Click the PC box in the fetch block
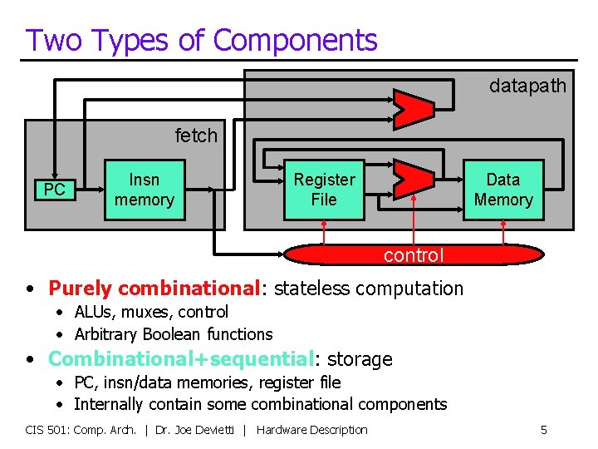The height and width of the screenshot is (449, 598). pos(54,190)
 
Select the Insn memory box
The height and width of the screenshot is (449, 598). pos(145,190)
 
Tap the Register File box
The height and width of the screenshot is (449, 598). pos(324,190)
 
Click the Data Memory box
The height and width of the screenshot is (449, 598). pos(502,190)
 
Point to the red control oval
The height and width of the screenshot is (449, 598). pos(414,254)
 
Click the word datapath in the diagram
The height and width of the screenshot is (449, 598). pos(527,86)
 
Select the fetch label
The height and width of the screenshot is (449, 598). pos(196,135)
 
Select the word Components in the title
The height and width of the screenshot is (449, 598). pos(295,40)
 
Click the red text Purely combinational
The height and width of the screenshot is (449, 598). pos(154,289)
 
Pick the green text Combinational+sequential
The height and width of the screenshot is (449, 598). pos(180,359)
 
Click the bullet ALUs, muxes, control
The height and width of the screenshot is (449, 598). pos(151,312)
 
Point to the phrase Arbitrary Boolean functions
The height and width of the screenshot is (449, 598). pos(173,334)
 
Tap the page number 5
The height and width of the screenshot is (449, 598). pos(544,430)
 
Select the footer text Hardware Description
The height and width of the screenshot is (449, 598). pos(312,430)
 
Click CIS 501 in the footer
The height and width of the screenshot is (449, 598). pos(47,430)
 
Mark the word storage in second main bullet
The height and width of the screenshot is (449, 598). pos(360,359)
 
